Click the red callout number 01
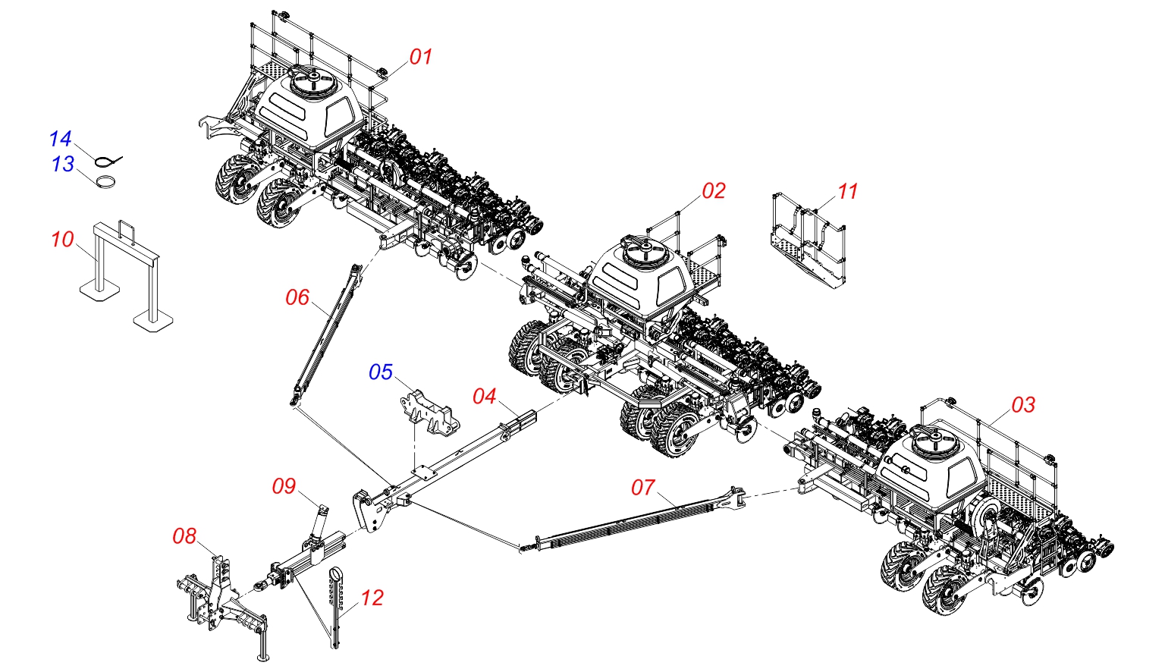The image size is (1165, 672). click(x=421, y=57)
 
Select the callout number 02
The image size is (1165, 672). click(x=714, y=191)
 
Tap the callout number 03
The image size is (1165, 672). click(x=1023, y=405)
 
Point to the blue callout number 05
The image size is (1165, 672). click(x=381, y=372)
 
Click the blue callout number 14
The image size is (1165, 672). click(x=60, y=139)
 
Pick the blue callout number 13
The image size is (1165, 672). click(x=62, y=164)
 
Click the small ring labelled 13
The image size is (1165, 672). click(x=106, y=183)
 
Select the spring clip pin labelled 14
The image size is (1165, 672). click(x=109, y=160)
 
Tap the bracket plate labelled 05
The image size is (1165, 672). click(x=426, y=413)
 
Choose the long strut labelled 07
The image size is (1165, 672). click(x=637, y=520)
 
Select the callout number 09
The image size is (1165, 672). click(x=284, y=486)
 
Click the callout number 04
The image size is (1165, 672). click(x=484, y=397)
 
